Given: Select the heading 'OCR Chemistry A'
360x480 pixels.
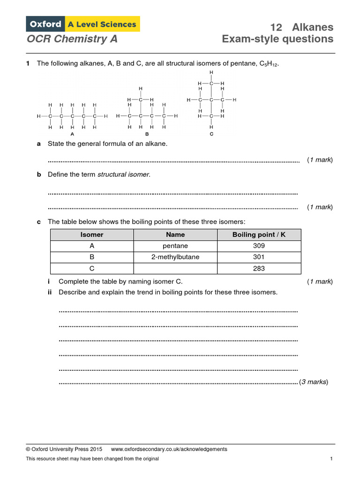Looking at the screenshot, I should tap(72, 39).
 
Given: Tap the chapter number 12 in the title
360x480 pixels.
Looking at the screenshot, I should tap(276, 27).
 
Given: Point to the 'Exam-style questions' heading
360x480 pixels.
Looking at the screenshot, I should tap(278, 39).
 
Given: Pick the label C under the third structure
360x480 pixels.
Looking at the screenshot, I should tap(211, 135).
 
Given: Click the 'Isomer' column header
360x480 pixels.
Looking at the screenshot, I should tap(92, 234).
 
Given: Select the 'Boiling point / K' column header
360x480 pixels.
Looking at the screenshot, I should tap(259, 234).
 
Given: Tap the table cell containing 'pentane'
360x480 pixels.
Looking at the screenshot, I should tap(175, 246).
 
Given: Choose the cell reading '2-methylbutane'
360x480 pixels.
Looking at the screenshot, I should tap(175, 257).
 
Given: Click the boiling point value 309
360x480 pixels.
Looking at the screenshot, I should tap(259, 246).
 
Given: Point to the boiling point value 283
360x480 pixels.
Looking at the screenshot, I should tap(259, 269).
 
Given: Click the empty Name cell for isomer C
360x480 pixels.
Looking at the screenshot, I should tap(175, 269).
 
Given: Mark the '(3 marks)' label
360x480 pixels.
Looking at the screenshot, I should tap(314, 382).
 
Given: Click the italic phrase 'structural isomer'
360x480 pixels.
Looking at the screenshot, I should tap(124, 174).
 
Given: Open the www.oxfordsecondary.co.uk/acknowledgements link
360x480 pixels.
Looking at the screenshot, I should tap(169, 449).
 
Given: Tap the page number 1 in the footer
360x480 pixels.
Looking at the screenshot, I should tap(331, 459).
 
